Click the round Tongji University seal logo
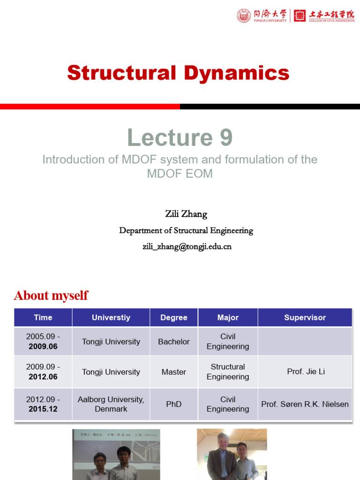click(x=244, y=15)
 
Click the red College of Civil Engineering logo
click(x=300, y=15)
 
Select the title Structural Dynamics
click(x=178, y=73)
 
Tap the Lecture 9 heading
click(x=180, y=138)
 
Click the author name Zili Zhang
click(x=186, y=214)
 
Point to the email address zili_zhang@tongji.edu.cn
click(x=187, y=246)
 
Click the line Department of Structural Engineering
click(x=186, y=231)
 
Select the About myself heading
click(x=51, y=295)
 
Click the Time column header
click(x=43, y=317)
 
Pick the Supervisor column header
click(x=305, y=317)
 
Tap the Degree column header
click(x=174, y=317)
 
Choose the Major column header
click(x=228, y=317)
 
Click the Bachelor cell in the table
click(x=174, y=342)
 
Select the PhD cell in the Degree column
click(x=174, y=404)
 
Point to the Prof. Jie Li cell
click(x=306, y=372)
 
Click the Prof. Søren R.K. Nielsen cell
click(x=305, y=404)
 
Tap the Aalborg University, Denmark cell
click(x=111, y=404)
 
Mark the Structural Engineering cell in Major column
click(x=228, y=372)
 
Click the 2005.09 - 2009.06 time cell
click(x=43, y=342)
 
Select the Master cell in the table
click(x=174, y=372)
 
